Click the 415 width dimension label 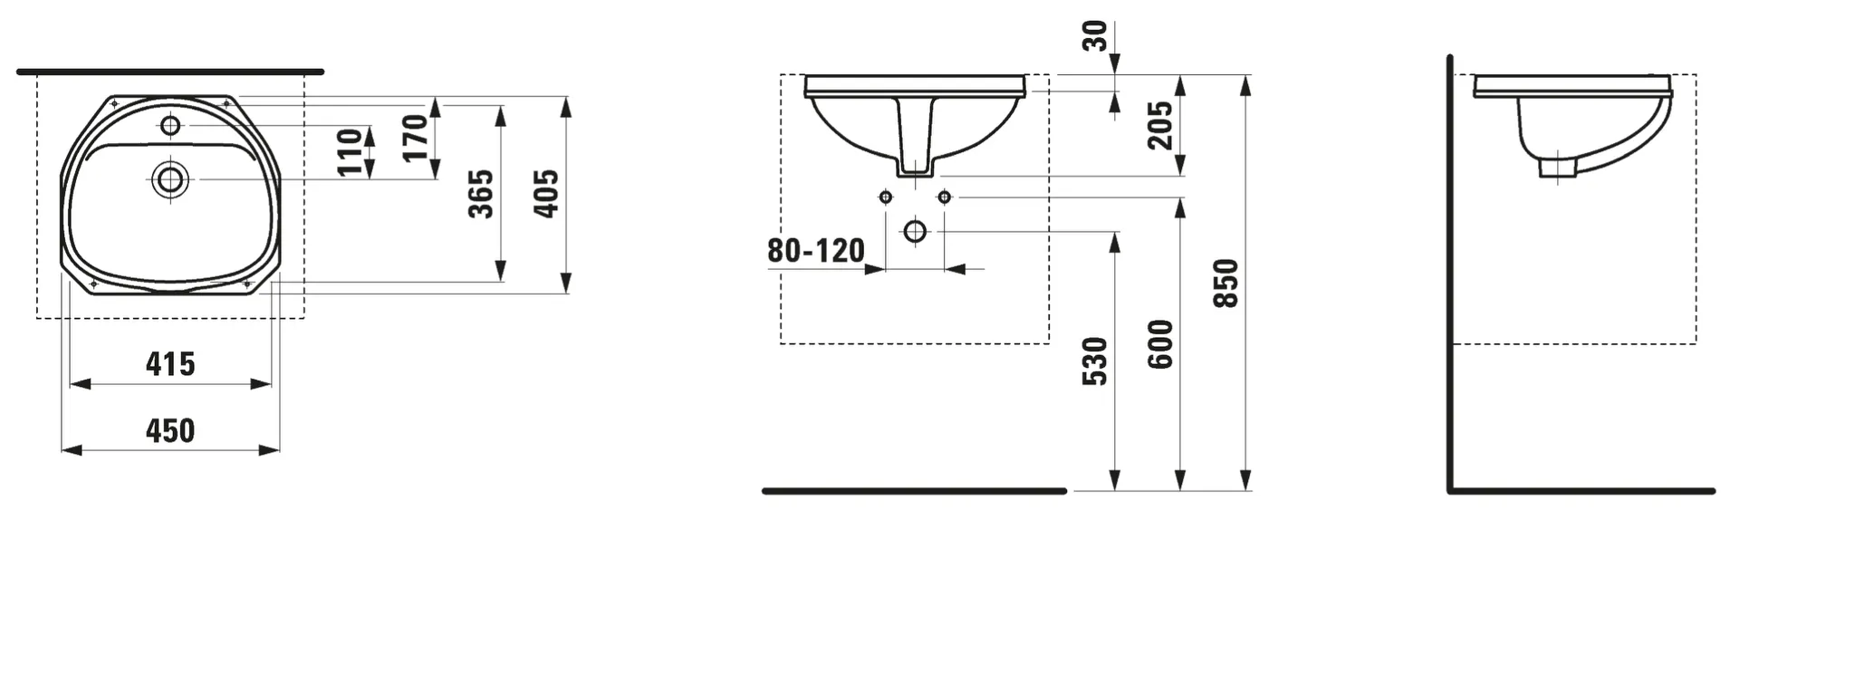pyautogui.click(x=170, y=364)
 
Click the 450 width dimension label pyautogui.click(x=170, y=430)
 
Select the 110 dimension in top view pyautogui.click(x=350, y=152)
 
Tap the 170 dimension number pyautogui.click(x=415, y=138)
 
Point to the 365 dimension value pyautogui.click(x=481, y=193)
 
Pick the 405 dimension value pyautogui.click(x=546, y=193)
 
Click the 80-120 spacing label pyautogui.click(x=815, y=251)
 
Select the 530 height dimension pyautogui.click(x=1095, y=361)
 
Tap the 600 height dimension pyautogui.click(x=1160, y=344)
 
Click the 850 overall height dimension pyautogui.click(x=1225, y=283)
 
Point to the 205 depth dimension pyautogui.click(x=1159, y=125)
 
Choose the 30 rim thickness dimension pyautogui.click(x=1095, y=35)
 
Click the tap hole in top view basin pyautogui.click(x=170, y=125)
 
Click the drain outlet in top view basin pyautogui.click(x=170, y=179)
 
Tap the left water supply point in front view pyautogui.click(x=886, y=197)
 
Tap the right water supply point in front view pyautogui.click(x=944, y=197)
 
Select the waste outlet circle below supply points pyautogui.click(x=915, y=232)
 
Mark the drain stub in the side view pyautogui.click(x=1558, y=168)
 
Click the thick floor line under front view pyautogui.click(x=915, y=491)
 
